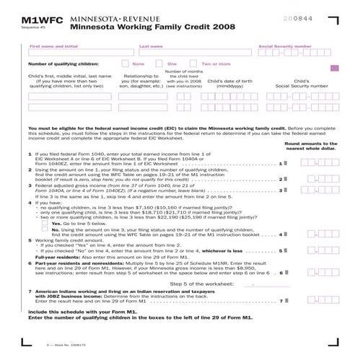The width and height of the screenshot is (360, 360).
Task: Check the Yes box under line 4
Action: tap(67, 224)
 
